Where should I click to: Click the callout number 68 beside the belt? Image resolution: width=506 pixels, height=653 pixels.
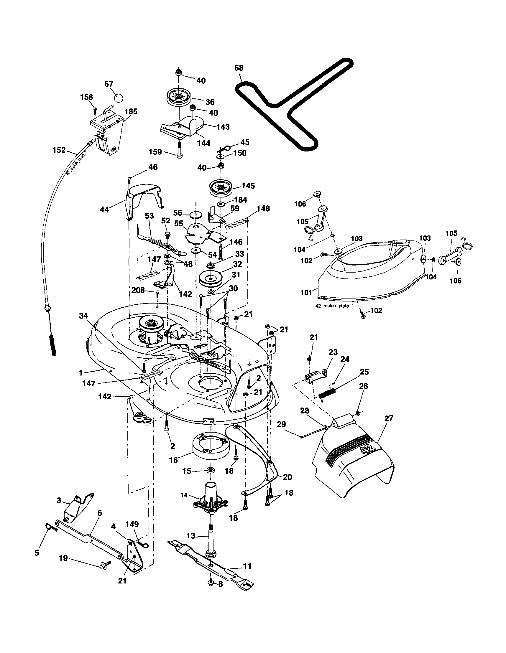[x=239, y=68]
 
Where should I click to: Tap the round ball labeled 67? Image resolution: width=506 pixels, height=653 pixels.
[x=119, y=98]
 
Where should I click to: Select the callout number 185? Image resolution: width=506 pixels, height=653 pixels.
[x=131, y=111]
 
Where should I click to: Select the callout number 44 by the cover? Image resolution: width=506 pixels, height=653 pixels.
[x=104, y=210]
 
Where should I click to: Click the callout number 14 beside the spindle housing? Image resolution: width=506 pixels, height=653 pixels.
[x=184, y=495]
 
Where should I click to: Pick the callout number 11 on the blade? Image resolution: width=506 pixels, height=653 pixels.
[x=247, y=566]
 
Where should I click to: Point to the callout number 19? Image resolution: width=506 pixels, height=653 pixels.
[x=63, y=558]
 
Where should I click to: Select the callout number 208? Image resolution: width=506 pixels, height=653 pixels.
[x=138, y=290]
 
